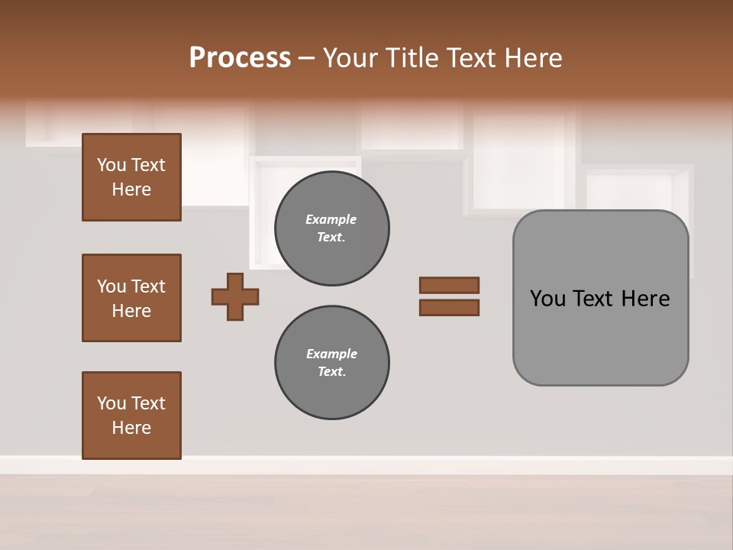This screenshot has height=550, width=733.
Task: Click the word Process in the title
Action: (x=240, y=58)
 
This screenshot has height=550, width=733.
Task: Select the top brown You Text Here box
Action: (x=131, y=177)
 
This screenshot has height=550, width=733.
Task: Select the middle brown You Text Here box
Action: (x=131, y=298)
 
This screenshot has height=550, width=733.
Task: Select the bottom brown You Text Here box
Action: (x=131, y=416)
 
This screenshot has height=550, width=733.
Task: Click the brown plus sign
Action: (x=235, y=296)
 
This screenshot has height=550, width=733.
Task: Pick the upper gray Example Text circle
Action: (x=331, y=228)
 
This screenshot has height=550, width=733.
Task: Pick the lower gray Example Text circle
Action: (x=331, y=363)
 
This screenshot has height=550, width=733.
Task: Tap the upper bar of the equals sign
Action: (x=449, y=286)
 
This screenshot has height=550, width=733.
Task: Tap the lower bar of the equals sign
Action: (x=449, y=308)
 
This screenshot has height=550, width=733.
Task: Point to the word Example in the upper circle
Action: (x=331, y=219)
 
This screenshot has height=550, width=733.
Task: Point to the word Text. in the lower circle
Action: (x=331, y=372)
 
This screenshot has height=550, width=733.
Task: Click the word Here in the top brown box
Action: (x=131, y=189)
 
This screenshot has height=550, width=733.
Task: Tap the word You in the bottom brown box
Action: (x=111, y=403)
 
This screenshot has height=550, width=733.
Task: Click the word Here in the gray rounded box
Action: (x=645, y=299)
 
